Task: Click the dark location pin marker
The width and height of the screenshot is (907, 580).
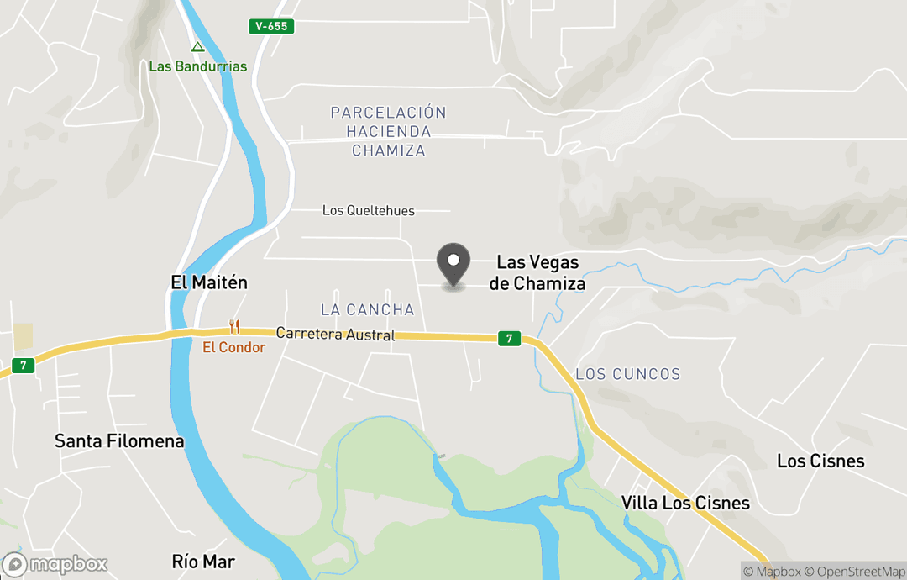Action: tap(454, 264)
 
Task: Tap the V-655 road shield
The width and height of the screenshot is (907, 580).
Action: tap(272, 27)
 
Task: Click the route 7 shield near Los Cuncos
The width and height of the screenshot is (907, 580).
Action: tap(506, 339)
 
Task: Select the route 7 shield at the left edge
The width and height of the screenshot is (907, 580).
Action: tap(24, 366)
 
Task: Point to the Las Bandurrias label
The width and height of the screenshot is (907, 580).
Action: tap(198, 66)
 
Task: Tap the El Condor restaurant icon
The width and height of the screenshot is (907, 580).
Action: tap(234, 327)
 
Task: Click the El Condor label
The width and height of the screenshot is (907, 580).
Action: tap(233, 347)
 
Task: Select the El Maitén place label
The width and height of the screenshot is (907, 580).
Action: tap(209, 282)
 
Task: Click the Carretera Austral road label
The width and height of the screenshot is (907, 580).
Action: tap(335, 335)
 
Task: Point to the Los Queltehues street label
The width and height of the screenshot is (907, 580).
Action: tap(369, 210)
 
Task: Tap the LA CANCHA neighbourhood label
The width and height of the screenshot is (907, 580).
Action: tap(368, 309)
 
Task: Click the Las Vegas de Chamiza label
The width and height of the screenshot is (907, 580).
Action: tap(537, 273)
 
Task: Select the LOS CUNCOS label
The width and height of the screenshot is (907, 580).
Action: tap(628, 374)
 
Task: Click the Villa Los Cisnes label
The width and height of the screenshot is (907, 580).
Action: tap(685, 503)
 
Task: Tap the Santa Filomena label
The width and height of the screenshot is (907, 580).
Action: tap(119, 440)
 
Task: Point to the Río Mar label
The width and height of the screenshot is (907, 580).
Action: tap(203, 562)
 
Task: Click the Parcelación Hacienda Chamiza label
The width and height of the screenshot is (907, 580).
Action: tap(388, 131)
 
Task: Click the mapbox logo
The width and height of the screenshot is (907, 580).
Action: tap(55, 564)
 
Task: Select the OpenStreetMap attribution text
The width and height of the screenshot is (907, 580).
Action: tap(856, 572)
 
